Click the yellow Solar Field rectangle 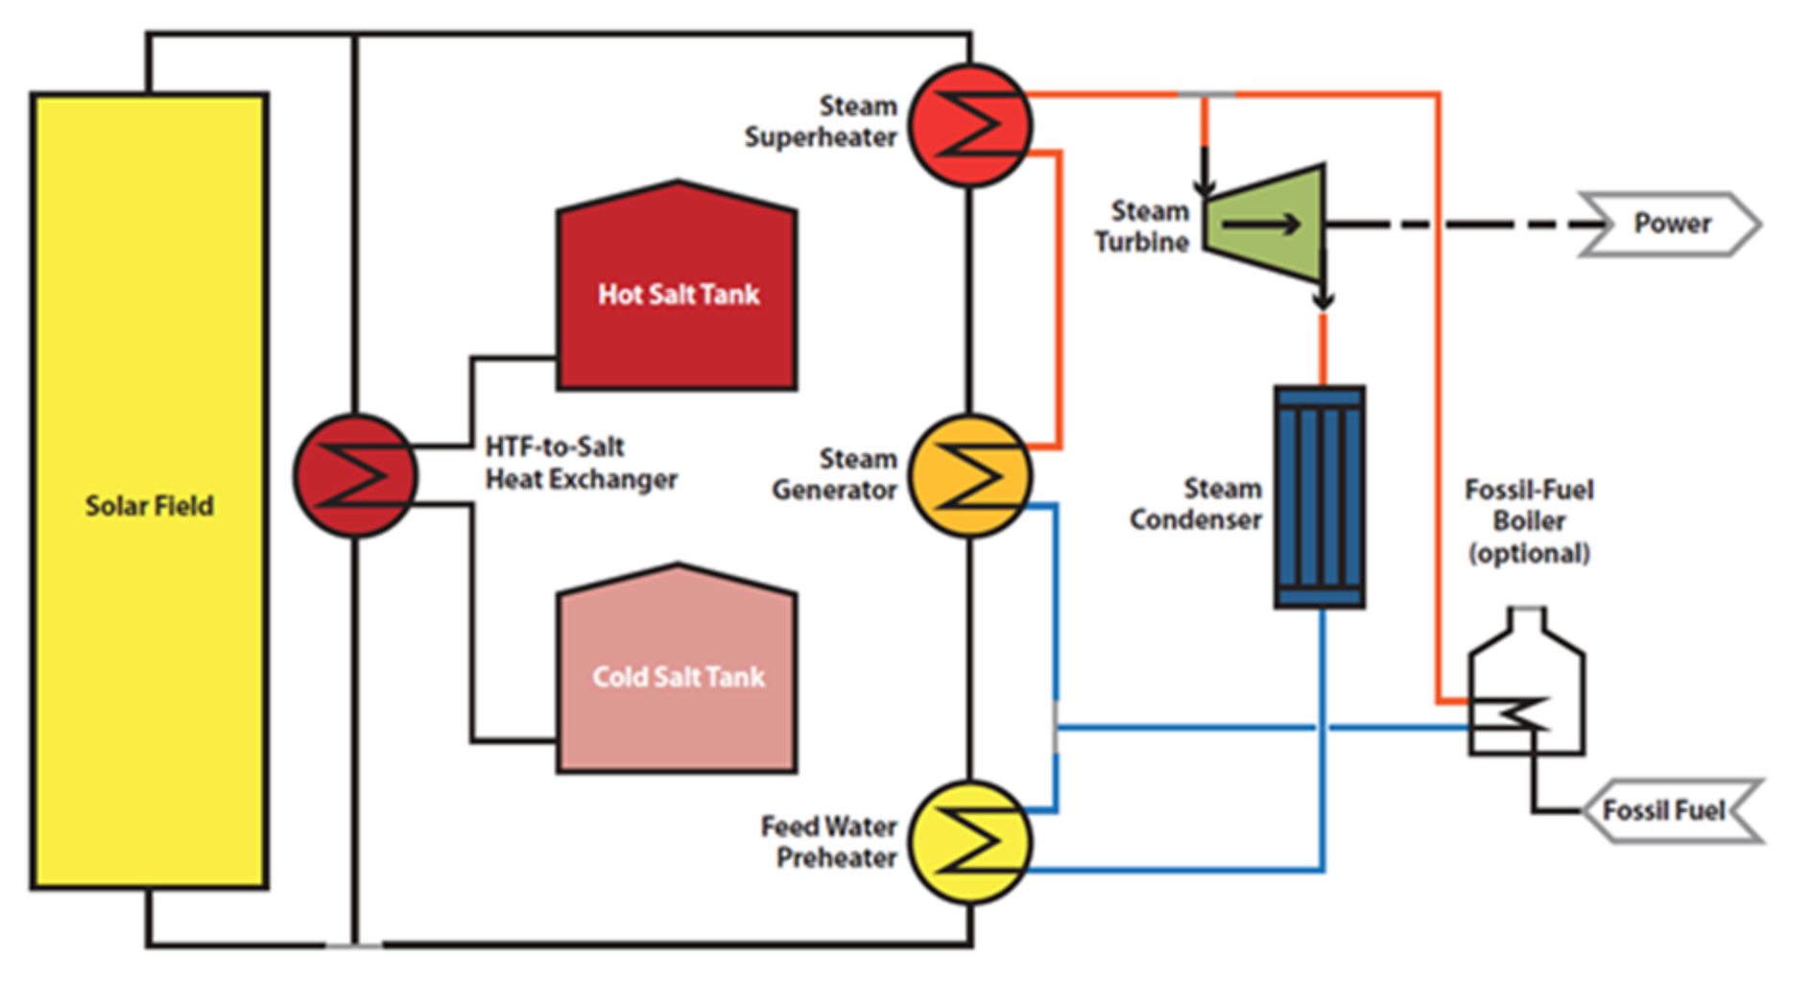[x=150, y=491]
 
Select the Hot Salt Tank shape [x=677, y=286]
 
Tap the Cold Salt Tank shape [x=677, y=669]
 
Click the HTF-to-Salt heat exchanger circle [x=355, y=475]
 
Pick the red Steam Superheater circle [x=970, y=125]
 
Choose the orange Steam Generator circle [x=970, y=475]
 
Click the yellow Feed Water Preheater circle [x=970, y=842]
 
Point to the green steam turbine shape [x=1265, y=224]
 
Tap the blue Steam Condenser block [x=1320, y=497]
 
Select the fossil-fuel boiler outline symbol [x=1526, y=682]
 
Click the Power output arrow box [x=1671, y=224]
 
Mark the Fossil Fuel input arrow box [x=1671, y=811]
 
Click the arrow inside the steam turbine [x=1261, y=225]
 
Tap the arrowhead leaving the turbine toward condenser [x=1323, y=299]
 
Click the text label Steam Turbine [x=1142, y=226]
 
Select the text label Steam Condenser [x=1196, y=504]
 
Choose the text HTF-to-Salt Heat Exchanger [x=581, y=462]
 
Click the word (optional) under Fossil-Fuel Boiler [x=1529, y=553]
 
